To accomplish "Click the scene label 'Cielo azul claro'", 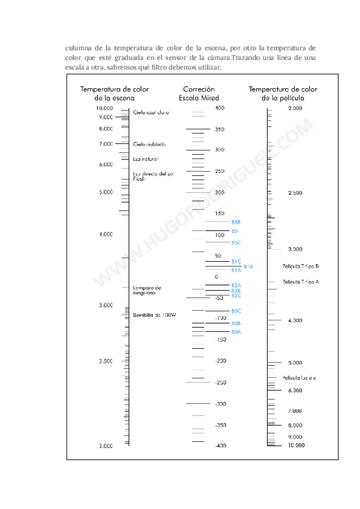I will [x=151, y=112].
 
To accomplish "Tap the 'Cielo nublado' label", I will [x=149, y=144].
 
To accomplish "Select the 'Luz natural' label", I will [x=145, y=158].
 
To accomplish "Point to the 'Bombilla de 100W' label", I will [x=154, y=315].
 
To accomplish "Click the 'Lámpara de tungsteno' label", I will [x=147, y=290].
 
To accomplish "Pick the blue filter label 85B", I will [x=236, y=222].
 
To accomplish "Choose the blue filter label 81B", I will [x=248, y=266].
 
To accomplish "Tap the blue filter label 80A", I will [x=236, y=332].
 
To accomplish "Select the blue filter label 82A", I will [x=236, y=285].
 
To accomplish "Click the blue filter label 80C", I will [x=236, y=311].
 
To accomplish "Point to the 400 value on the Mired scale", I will [x=219, y=108].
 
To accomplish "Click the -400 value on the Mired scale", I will [x=220, y=445].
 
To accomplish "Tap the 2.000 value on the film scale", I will [x=295, y=108].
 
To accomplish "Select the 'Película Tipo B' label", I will [x=301, y=266].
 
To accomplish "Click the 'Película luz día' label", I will [x=299, y=378].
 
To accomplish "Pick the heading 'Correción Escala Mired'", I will [x=199, y=93].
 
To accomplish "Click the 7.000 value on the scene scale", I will [x=106, y=144].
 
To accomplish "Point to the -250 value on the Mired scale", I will [x=220, y=382].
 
